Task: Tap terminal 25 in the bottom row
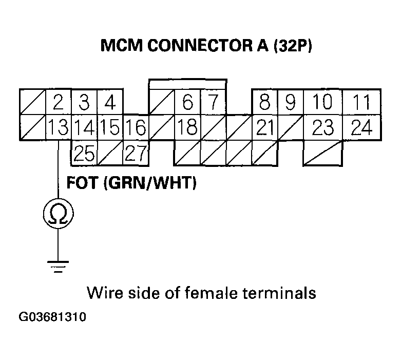[x=84, y=153]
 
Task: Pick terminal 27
[x=136, y=153]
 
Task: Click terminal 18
[x=187, y=127]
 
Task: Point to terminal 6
[x=187, y=103]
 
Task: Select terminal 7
[x=213, y=103]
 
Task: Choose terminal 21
[x=264, y=127]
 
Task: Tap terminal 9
[x=290, y=103]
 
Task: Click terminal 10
[x=322, y=103]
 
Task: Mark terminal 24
[x=362, y=127]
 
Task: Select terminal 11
[x=362, y=103]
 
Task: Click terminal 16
[x=136, y=127]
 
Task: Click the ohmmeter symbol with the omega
[x=58, y=214]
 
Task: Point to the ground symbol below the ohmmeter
[x=58, y=266]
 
